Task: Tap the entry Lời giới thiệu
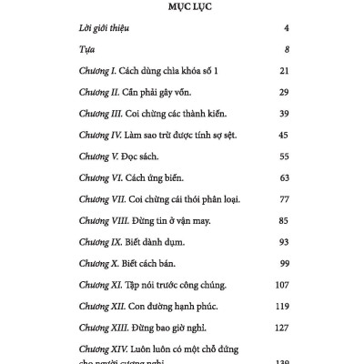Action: coord(103,29)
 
